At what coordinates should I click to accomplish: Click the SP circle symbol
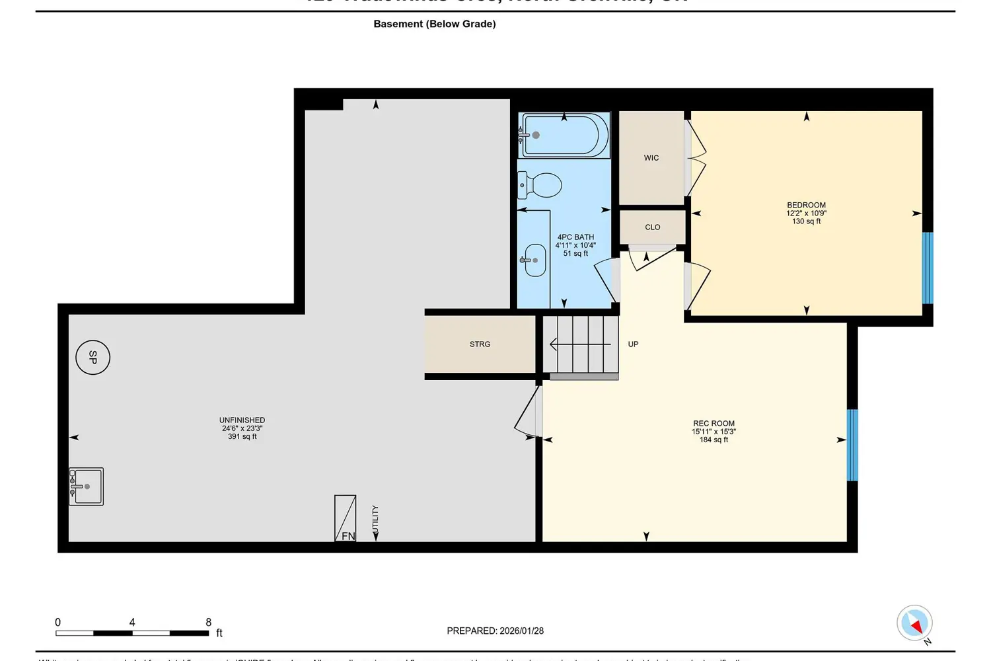click(92, 357)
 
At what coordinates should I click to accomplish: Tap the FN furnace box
click(346, 518)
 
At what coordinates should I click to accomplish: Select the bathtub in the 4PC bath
click(564, 135)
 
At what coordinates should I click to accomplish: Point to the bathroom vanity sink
click(534, 260)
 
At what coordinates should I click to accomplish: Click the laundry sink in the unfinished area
click(87, 486)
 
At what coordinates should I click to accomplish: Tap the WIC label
click(651, 158)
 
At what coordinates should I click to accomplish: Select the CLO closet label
click(653, 227)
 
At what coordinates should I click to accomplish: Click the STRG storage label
click(480, 344)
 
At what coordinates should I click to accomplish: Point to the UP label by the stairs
click(633, 344)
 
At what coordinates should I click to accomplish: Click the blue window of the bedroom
click(928, 268)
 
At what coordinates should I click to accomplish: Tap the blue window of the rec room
click(852, 445)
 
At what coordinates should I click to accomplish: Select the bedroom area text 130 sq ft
click(806, 221)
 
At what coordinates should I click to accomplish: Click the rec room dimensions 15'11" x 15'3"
click(714, 432)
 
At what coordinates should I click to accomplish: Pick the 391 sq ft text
click(242, 437)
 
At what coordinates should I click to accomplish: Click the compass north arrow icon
click(915, 623)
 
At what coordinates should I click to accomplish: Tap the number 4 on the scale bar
click(132, 623)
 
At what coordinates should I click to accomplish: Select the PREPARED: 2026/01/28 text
click(495, 631)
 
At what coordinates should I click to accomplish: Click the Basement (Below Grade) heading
click(435, 24)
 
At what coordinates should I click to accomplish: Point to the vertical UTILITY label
click(375, 520)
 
